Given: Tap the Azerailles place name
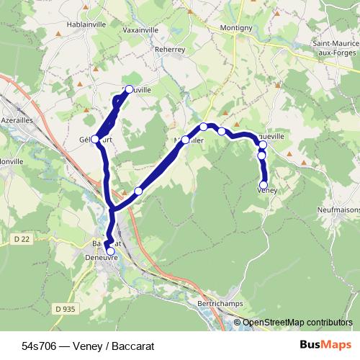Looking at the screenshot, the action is pyautogui.click(x=17, y=120).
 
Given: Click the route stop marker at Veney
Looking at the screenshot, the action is pyautogui.click(x=264, y=185).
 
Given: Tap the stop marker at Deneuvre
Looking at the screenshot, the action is pyautogui.click(x=110, y=251).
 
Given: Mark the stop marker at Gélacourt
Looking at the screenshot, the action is pyautogui.click(x=95, y=139).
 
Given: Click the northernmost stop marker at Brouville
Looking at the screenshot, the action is pyautogui.click(x=130, y=89).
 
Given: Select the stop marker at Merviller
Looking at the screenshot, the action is pyautogui.click(x=185, y=140).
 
